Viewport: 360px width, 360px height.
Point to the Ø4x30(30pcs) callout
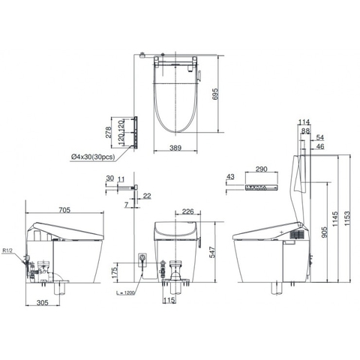pyautogui.click(x=93, y=156)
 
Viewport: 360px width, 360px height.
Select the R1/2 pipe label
pyautogui.click(x=7, y=250)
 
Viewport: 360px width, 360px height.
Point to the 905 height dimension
pyautogui.click(x=324, y=232)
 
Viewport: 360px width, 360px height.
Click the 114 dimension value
pyautogui.click(x=303, y=122)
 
